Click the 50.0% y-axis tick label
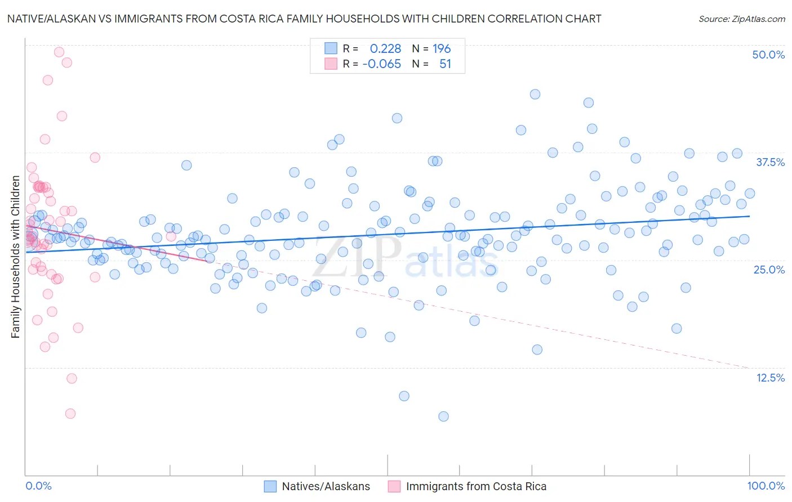768,55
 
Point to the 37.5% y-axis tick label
770,162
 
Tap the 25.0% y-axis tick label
769,270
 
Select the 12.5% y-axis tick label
770,378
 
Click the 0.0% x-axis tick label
38,486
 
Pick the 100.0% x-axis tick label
766,486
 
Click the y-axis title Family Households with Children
15,257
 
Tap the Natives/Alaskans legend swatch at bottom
270,486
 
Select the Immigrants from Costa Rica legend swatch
394,486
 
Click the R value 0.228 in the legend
385,48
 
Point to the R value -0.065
381,64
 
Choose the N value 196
442,48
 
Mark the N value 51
445,64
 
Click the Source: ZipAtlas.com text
741,19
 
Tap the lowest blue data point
443,416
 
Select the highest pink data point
59,52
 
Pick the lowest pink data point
70,414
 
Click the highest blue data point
535,94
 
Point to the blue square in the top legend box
331,48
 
